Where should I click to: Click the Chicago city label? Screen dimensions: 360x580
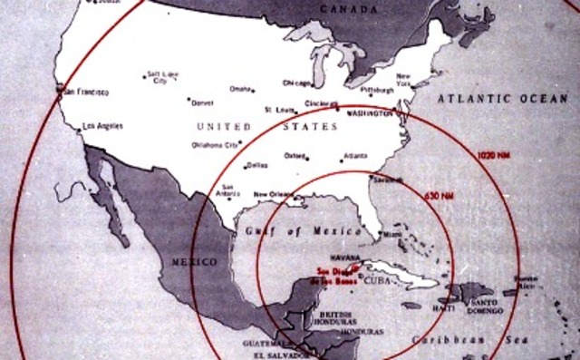click(x=296, y=83)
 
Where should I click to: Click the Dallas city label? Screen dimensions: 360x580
click(x=257, y=165)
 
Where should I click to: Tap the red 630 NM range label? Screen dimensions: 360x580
click(x=439, y=193)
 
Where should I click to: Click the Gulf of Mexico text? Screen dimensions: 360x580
click(x=291, y=231)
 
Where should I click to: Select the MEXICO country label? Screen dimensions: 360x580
click(x=195, y=261)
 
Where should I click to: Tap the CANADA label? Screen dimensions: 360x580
click(x=347, y=10)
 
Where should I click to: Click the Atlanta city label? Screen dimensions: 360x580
click(x=355, y=156)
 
